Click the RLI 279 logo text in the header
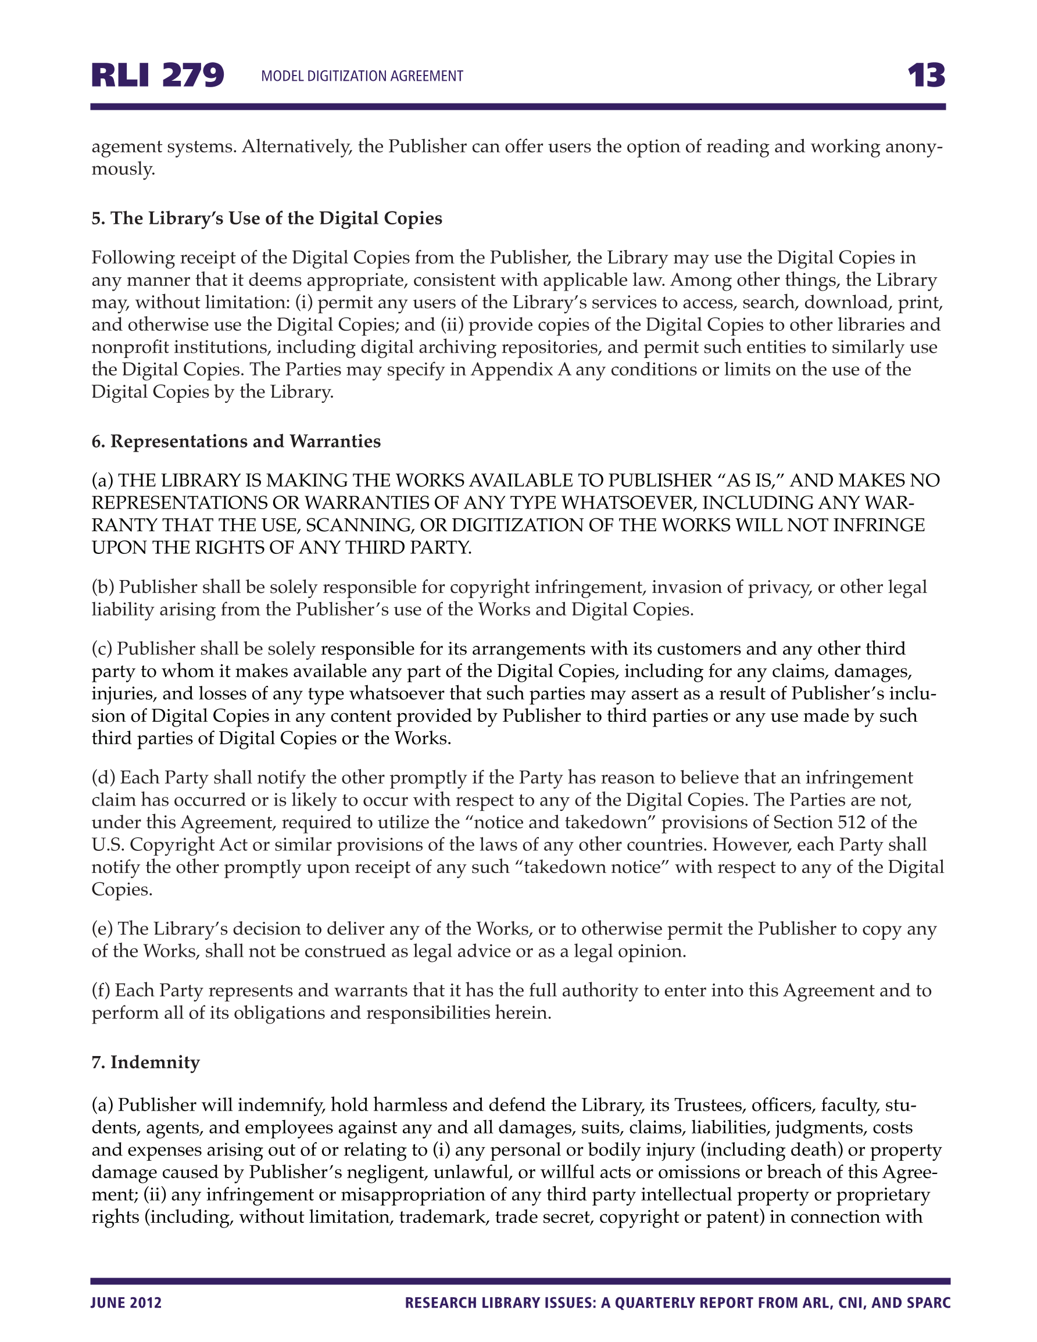pyautogui.click(x=158, y=76)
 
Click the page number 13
pyautogui.click(x=927, y=76)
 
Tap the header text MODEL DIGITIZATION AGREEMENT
pyautogui.click(x=362, y=76)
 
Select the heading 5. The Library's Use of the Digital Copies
pyautogui.click(x=267, y=219)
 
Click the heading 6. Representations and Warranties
pyautogui.click(x=236, y=441)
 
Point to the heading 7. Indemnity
pyautogui.click(x=146, y=1062)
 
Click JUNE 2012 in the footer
pyautogui.click(x=126, y=1302)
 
